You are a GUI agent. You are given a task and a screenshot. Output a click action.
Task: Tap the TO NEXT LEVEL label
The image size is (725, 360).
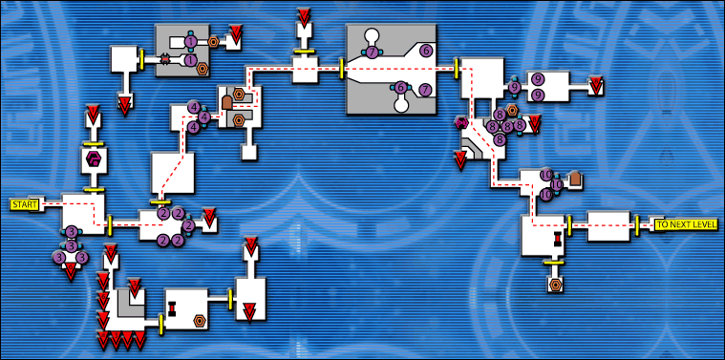pos(687,224)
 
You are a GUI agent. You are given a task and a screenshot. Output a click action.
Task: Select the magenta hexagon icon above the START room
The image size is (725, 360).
pos(94,159)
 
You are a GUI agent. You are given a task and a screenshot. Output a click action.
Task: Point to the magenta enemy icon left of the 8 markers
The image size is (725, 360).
pos(462,123)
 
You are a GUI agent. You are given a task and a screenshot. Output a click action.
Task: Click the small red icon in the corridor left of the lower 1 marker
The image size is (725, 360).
pos(165,60)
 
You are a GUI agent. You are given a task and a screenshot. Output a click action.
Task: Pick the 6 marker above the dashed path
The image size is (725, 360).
pos(426,50)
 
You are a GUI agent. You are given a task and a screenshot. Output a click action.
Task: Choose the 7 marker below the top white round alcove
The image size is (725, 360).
pos(372,53)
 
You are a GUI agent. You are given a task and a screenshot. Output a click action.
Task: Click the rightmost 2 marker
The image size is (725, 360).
pos(188,226)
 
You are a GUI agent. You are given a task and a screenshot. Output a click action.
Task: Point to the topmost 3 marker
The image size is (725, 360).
pos(71,232)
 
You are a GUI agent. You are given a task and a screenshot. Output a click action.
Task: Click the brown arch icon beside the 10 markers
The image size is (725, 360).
pos(575,178)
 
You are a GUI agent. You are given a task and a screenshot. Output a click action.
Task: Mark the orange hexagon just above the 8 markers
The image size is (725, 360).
pos(512,111)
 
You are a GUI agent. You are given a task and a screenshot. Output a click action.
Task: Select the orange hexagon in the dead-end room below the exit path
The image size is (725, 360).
pos(554,284)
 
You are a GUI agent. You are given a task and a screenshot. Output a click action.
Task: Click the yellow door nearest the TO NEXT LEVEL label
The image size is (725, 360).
pos(637,224)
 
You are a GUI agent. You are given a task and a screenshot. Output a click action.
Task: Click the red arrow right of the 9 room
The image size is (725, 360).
pos(596,86)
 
